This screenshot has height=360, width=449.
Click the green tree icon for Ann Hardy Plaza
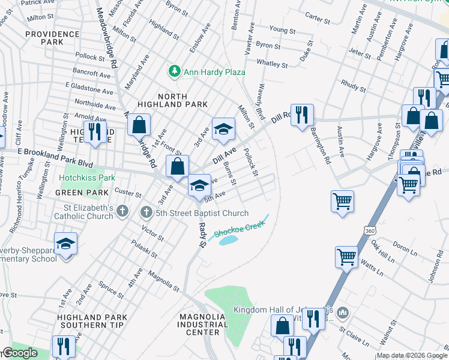tap(175, 71)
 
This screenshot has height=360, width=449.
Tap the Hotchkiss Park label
tap(87, 178)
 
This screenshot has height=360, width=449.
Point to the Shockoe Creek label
tap(240, 228)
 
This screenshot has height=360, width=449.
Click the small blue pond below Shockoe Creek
tap(228, 241)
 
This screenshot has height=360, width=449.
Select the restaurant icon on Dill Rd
tap(302, 115)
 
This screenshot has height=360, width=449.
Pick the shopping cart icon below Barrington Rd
tap(342, 201)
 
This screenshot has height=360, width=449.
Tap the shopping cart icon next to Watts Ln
tap(347, 257)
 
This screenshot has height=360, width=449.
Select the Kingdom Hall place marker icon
tap(343, 313)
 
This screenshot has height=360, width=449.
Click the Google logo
tap(20, 353)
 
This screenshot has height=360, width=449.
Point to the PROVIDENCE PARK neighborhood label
tap(44, 38)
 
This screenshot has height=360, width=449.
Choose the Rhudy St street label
tap(353, 86)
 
